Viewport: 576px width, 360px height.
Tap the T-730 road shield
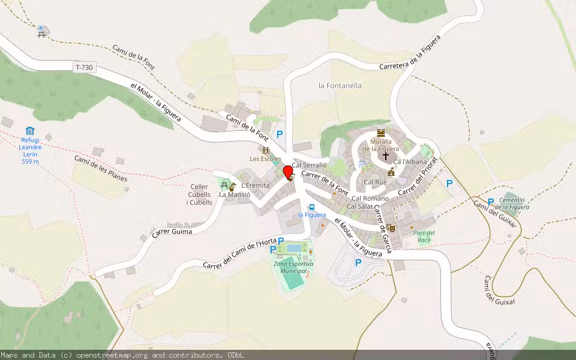pyautogui.click(x=85, y=68)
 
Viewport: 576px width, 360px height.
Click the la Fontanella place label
pyautogui.click(x=340, y=86)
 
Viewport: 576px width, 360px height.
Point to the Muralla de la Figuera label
pyautogui.click(x=380, y=145)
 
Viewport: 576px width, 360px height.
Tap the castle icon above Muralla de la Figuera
pyautogui.click(x=380, y=133)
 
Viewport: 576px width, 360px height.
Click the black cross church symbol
pyautogui.click(x=385, y=155)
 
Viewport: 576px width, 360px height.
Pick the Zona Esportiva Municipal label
pyautogui.click(x=293, y=268)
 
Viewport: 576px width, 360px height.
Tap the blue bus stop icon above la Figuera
pyautogui.click(x=312, y=207)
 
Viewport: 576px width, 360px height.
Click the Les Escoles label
pyautogui.click(x=266, y=159)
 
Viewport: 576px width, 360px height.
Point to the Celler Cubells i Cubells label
pyautogui.click(x=200, y=194)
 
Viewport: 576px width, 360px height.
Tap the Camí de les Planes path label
pyautogui.click(x=101, y=169)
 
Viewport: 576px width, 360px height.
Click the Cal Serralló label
pyautogui.click(x=309, y=165)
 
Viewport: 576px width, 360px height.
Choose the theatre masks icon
pyautogui.click(x=390, y=227)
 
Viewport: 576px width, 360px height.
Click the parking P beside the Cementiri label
pyautogui.click(x=491, y=202)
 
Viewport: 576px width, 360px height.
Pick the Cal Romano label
pyautogui.click(x=370, y=199)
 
